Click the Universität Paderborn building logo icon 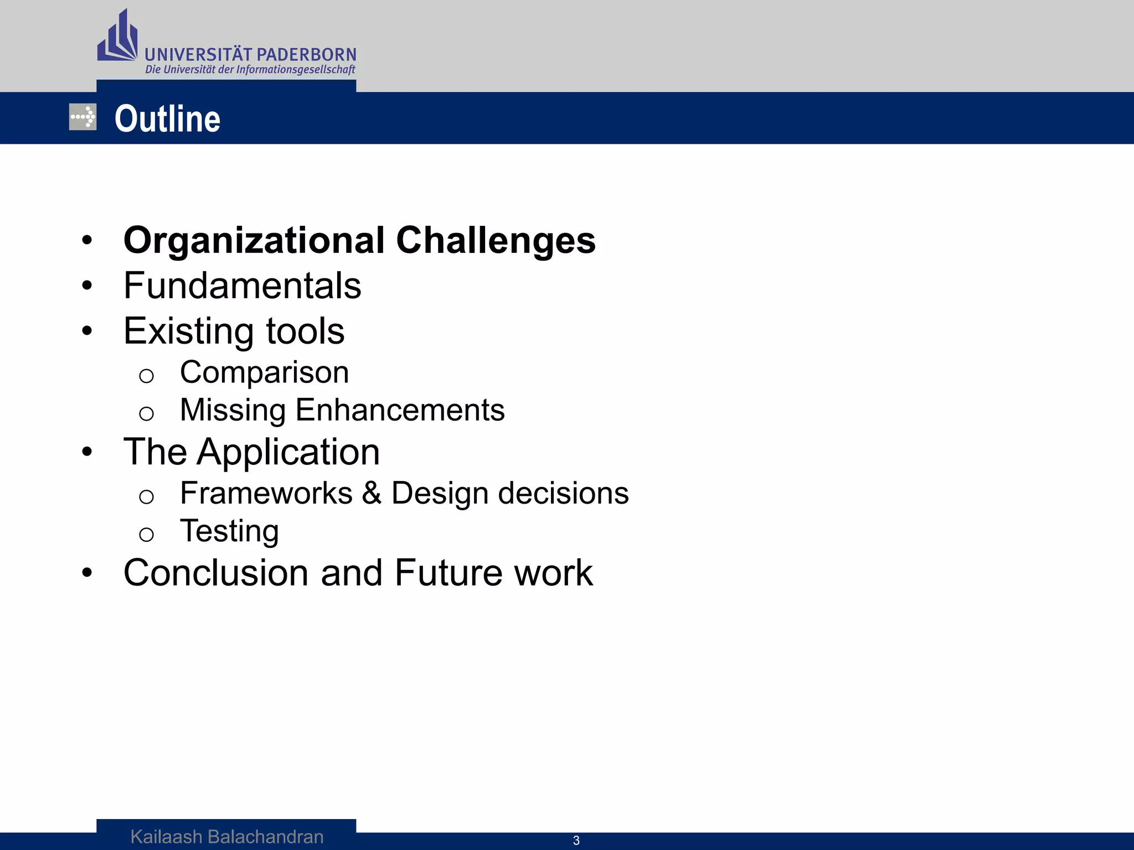117,37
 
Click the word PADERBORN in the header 306,55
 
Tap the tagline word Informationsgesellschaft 296,70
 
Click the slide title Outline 167,119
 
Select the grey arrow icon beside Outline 83,117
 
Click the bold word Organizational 254,241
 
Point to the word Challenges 496,241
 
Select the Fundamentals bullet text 242,286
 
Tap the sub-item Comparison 264,372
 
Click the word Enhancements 400,410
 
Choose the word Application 288,453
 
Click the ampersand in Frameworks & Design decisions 372,493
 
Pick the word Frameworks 266,493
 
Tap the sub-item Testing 229,531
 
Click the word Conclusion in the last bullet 215,573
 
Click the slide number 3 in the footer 576,841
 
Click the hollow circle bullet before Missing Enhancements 146,413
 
